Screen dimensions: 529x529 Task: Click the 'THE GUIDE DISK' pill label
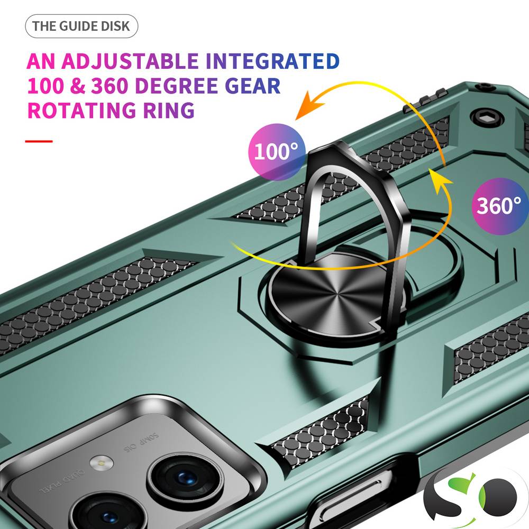pyautogui.click(x=81, y=26)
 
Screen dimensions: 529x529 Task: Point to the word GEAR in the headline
pyautogui.click(x=252, y=86)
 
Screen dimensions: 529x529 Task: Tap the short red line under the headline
pyautogui.click(x=39, y=141)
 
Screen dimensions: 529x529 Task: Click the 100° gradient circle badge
pyautogui.click(x=277, y=152)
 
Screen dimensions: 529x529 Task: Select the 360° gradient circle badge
pyautogui.click(x=499, y=206)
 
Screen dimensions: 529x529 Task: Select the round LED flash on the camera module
pyautogui.click(x=102, y=462)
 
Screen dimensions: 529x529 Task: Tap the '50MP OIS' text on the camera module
pyautogui.click(x=141, y=442)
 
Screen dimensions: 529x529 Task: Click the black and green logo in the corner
pyautogui.click(x=472, y=498)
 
